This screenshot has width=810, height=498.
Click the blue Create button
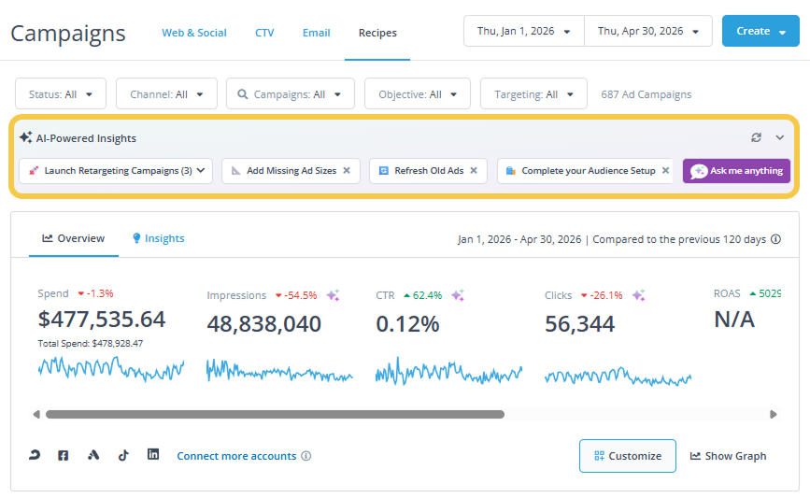click(760, 31)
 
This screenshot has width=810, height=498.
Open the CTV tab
click(264, 33)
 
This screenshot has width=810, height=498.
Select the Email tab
click(316, 33)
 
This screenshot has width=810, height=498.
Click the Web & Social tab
click(194, 33)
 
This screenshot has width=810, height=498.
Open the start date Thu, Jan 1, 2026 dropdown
click(524, 31)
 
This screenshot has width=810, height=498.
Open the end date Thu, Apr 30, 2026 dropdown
click(648, 31)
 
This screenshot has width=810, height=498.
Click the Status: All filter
click(61, 94)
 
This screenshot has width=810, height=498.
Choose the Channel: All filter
click(166, 94)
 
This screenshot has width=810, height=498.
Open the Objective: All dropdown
click(418, 94)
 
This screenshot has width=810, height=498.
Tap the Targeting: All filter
click(533, 94)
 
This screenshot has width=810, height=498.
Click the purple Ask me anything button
click(736, 170)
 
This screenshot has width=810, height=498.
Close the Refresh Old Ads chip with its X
click(474, 170)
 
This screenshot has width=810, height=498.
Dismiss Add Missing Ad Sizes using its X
click(347, 170)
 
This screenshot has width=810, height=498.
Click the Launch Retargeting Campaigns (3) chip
click(116, 170)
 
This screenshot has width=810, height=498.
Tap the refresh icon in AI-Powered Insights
click(756, 137)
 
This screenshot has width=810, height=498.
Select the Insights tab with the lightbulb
click(159, 238)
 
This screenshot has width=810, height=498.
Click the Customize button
click(628, 456)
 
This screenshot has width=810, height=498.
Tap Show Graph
click(729, 456)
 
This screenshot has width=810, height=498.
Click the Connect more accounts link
click(236, 456)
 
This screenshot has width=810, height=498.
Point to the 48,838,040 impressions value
click(264, 324)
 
